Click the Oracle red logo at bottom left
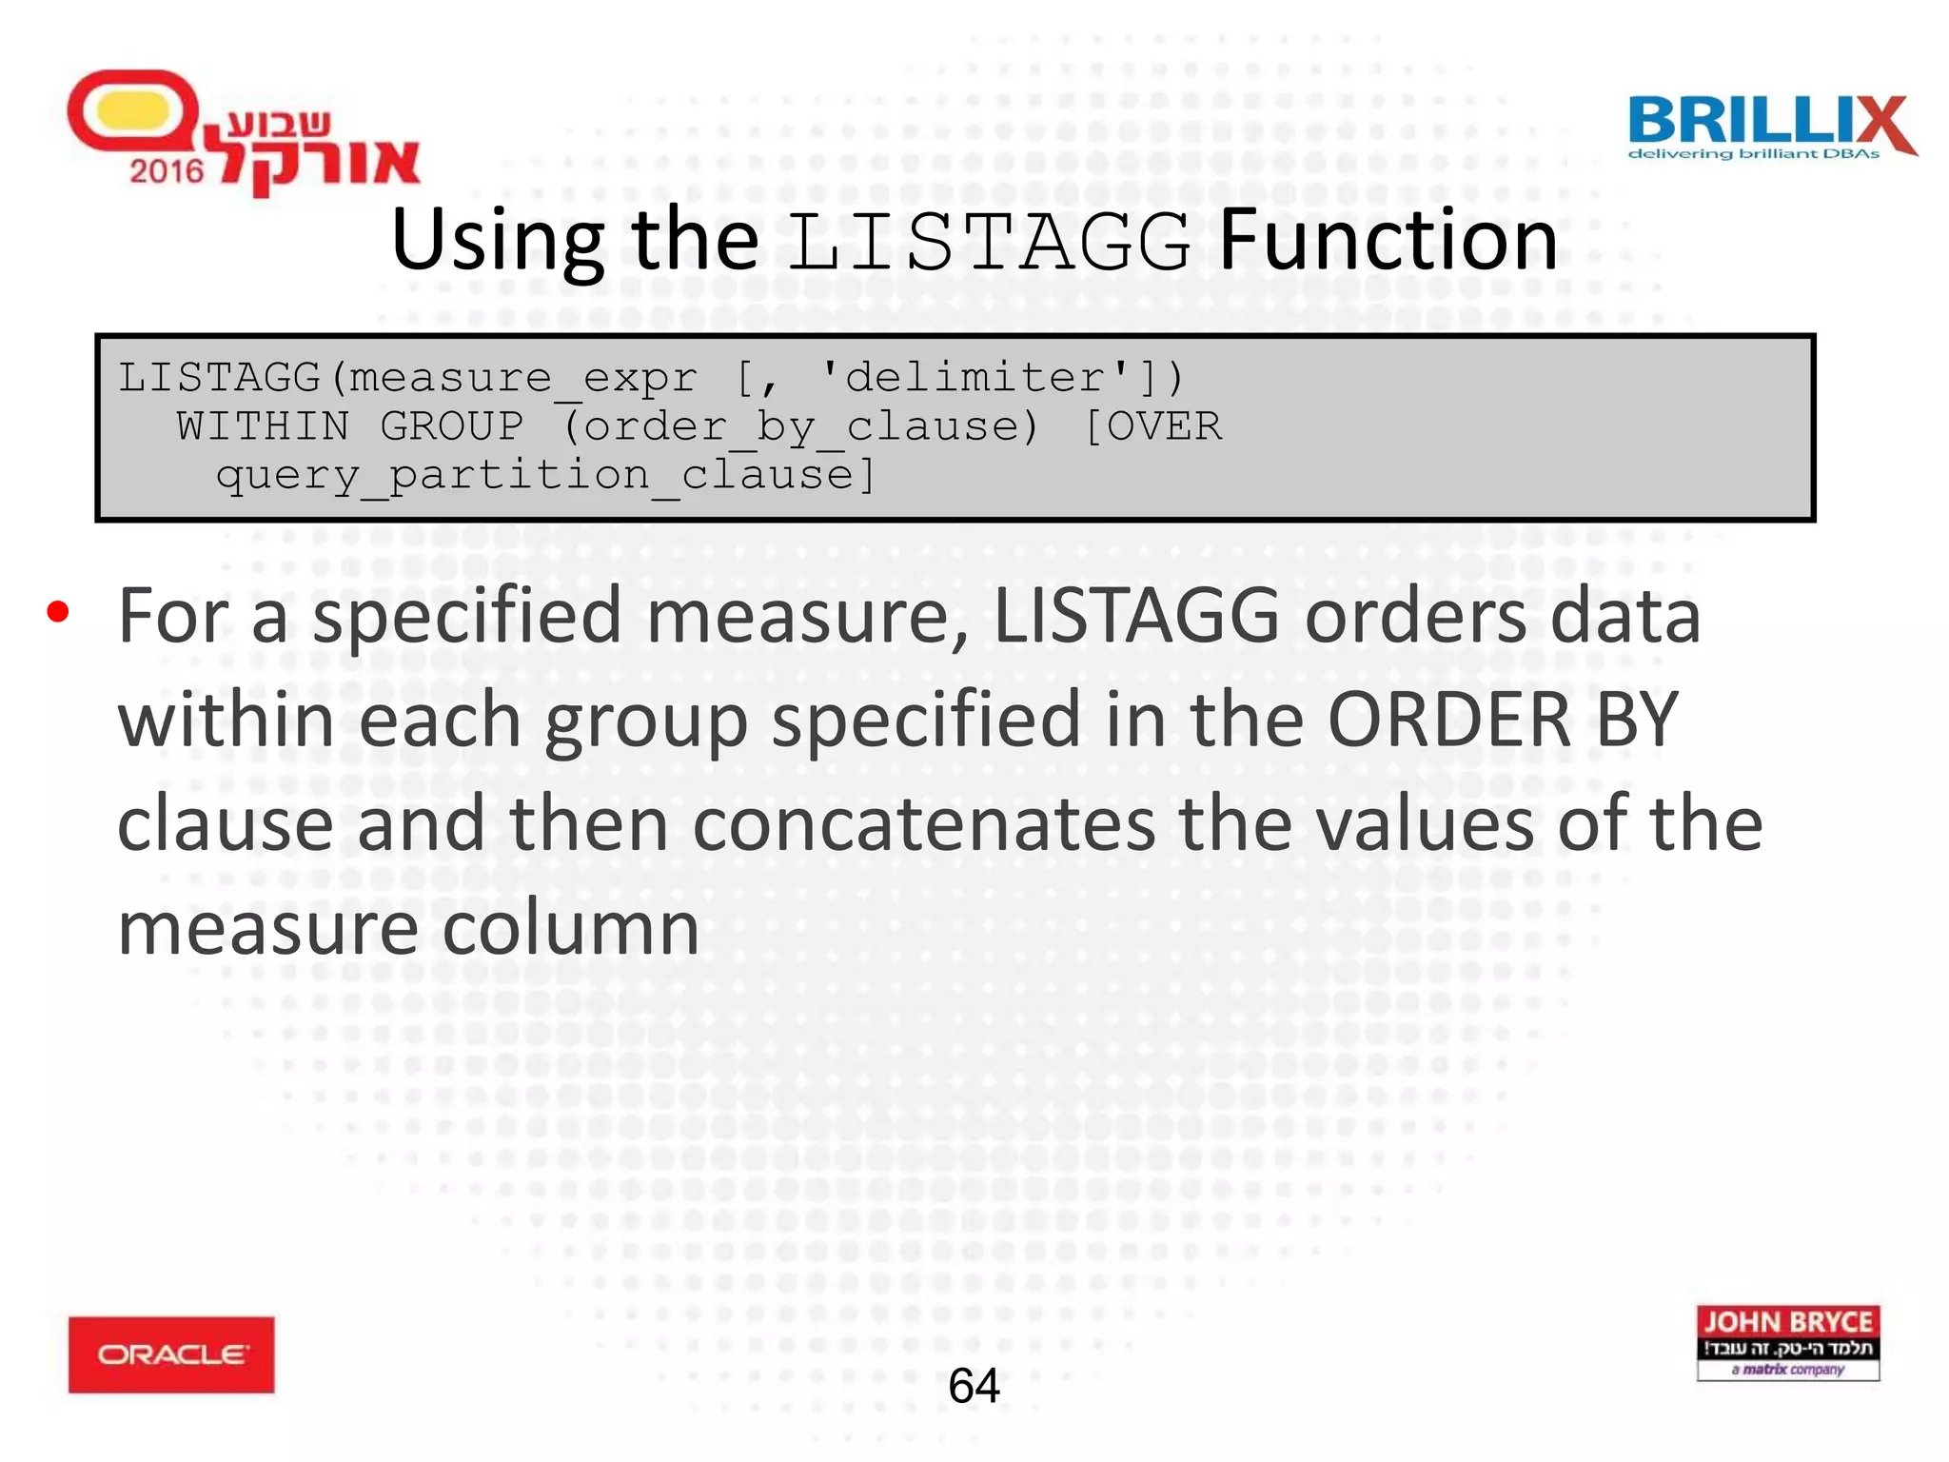(171, 1353)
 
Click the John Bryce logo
(1787, 1342)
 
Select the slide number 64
(974, 1385)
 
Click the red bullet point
(58, 612)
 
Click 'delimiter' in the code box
(975, 377)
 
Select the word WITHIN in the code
(263, 425)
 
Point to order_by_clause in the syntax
(799, 426)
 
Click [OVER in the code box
(1152, 425)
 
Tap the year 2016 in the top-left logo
(167, 171)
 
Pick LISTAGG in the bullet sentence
(1136, 617)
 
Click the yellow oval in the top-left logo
(133, 110)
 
